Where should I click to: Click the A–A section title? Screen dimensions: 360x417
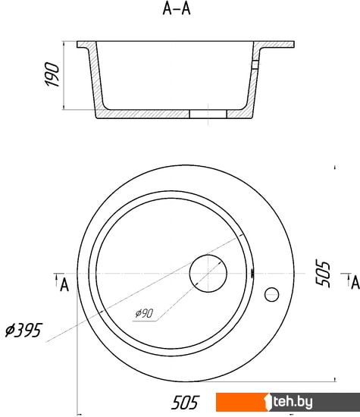coord(177,9)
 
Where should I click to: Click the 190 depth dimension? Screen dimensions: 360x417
coord(52,74)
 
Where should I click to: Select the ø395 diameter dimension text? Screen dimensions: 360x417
coord(23,331)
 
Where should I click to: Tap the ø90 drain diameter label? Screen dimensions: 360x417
coord(144,313)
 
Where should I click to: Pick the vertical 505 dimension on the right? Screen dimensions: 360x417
coord(323,273)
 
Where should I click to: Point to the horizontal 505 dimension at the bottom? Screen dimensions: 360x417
coord(186,403)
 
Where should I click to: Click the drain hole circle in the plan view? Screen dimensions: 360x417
coord(208,255)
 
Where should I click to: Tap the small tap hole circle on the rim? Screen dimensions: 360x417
coord(271,288)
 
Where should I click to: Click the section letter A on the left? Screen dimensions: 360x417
coord(64,285)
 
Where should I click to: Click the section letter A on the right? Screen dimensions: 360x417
coord(355,283)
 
